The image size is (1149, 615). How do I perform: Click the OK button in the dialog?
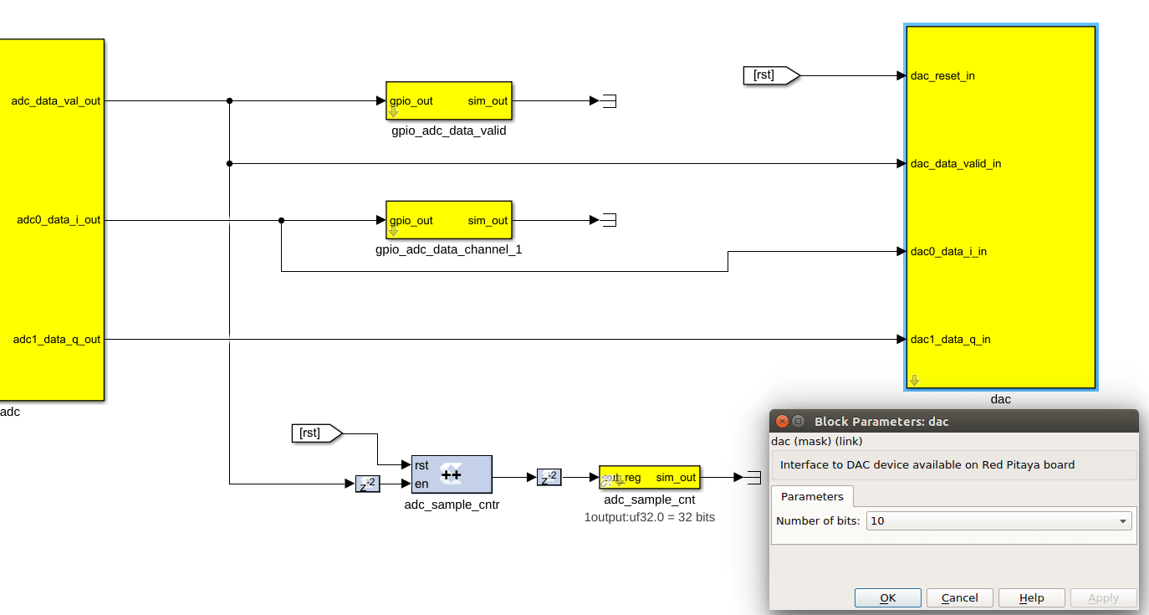coord(887,597)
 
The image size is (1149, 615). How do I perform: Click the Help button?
coord(1032,597)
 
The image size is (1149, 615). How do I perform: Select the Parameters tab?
coord(811,496)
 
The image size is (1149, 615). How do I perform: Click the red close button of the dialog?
coord(781,421)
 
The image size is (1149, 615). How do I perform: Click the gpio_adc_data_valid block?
coord(448,101)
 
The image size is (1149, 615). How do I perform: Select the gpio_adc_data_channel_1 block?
coord(448,220)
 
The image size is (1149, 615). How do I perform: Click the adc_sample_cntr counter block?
coord(452,474)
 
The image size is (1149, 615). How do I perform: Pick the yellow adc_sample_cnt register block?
coord(650,478)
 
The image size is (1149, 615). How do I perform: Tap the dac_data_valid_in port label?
coord(955,164)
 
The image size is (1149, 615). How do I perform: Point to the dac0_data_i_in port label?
coord(948,252)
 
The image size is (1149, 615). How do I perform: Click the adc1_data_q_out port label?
coord(57,340)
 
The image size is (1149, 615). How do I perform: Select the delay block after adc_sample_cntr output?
coord(549,477)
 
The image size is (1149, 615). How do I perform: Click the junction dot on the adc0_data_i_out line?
coord(281,221)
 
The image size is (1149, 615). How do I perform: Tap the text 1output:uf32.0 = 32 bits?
coord(649,517)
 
